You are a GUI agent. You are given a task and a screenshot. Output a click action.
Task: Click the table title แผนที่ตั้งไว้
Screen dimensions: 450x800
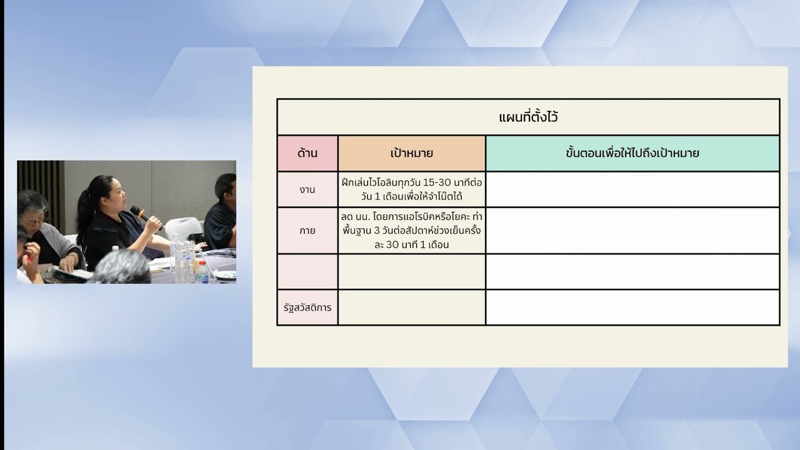[528, 117]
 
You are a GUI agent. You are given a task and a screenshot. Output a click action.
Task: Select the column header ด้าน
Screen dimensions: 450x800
[307, 153]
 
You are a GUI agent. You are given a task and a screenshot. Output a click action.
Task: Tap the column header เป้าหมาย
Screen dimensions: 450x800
[411, 153]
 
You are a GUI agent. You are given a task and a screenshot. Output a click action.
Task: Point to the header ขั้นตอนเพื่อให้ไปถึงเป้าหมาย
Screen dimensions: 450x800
[632, 153]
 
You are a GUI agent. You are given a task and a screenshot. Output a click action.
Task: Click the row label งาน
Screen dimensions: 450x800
[307, 189]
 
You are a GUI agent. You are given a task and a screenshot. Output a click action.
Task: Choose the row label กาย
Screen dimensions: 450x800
[307, 230]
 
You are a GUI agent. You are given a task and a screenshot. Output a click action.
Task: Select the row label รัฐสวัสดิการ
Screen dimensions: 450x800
[307, 307]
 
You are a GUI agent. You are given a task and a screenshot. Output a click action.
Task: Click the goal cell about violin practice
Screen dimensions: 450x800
[411, 189]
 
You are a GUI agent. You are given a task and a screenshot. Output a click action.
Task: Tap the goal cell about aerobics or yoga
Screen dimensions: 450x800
[411, 230]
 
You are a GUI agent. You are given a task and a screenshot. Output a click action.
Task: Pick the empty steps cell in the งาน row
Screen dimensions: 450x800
[632, 189]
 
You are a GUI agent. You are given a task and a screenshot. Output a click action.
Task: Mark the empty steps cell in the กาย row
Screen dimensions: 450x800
[632, 230]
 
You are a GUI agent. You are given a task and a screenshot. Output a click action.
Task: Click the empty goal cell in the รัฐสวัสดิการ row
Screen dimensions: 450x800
[411, 307]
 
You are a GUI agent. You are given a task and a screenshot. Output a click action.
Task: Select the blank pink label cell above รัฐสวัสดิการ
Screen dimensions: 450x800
[307, 271]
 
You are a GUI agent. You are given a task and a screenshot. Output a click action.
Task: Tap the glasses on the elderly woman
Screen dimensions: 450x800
[34, 221]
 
